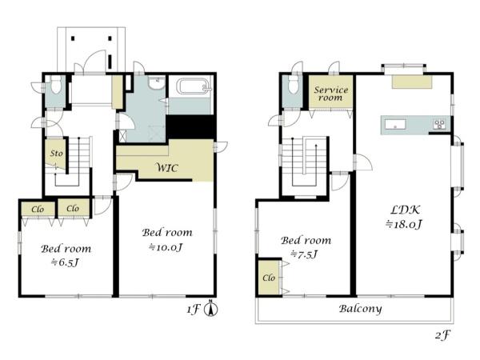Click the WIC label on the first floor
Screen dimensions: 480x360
pyautogui.click(x=167, y=168)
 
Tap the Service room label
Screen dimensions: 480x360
pyautogui.click(x=331, y=94)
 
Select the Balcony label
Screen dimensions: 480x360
pyautogui.click(x=360, y=309)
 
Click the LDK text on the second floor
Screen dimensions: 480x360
pyautogui.click(x=406, y=210)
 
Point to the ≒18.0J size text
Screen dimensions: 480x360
pyautogui.click(x=404, y=224)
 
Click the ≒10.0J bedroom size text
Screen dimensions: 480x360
pyautogui.click(x=166, y=247)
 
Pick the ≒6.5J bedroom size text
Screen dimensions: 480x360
pyautogui.click(x=65, y=262)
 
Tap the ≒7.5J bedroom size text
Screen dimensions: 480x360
pyautogui.click(x=304, y=254)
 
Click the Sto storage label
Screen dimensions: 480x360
pyautogui.click(x=57, y=153)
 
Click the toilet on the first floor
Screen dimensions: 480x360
pyautogui.click(x=55, y=85)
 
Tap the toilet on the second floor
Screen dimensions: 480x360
pyautogui.click(x=293, y=84)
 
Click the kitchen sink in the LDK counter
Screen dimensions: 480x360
pyautogui.click(x=395, y=124)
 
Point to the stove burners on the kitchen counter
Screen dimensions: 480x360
pyautogui.click(x=439, y=124)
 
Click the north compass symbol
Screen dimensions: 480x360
pyautogui.click(x=211, y=309)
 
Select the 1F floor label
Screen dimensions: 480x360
pyautogui.click(x=193, y=310)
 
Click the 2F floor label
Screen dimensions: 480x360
pyautogui.click(x=442, y=335)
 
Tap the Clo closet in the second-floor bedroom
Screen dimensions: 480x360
pyautogui.click(x=269, y=278)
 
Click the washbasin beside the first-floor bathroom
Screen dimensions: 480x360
pyautogui.click(x=157, y=82)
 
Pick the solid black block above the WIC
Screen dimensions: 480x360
pyautogui.click(x=190, y=127)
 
